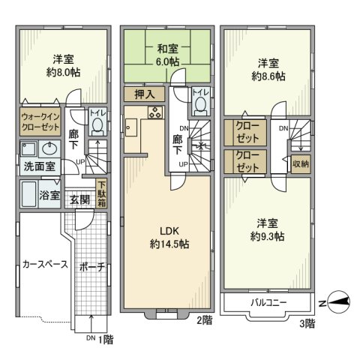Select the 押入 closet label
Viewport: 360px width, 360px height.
pos(145,94)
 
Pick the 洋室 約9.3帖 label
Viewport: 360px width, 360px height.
pos(268,229)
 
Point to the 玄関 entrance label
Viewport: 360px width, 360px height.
pos(79,199)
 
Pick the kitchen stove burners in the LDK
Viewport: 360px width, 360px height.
pos(154,113)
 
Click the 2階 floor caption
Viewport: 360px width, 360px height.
pos(205,319)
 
